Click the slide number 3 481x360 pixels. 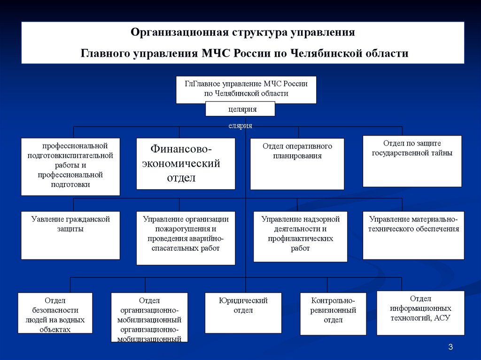coord(450,347)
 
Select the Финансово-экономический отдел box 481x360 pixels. coord(186,163)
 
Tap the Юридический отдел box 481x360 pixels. coord(243,313)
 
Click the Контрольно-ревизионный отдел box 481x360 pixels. coord(333,314)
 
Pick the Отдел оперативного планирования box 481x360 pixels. coord(297,163)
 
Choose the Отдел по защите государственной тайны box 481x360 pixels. coord(412,161)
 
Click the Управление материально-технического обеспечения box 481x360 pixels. coord(413,235)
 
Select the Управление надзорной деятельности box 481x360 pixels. coord(300,236)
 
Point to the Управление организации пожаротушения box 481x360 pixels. coord(186,238)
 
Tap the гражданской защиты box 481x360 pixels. coord(70,235)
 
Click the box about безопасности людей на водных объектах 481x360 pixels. coord(55,313)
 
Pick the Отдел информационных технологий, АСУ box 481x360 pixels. coord(420,313)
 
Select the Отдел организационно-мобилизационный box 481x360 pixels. coord(149,317)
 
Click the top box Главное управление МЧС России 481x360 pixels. coord(246,89)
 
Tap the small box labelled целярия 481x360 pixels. coord(240,109)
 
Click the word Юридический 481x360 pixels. coord(243,300)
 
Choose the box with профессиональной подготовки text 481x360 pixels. coord(70,166)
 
